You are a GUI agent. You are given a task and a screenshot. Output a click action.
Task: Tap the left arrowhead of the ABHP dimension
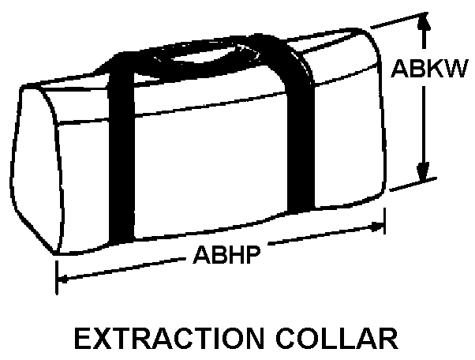pos(66,277)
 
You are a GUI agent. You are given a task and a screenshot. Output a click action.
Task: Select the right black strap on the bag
pos(298,134)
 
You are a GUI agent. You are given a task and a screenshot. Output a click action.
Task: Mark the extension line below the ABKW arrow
pos(410,183)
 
